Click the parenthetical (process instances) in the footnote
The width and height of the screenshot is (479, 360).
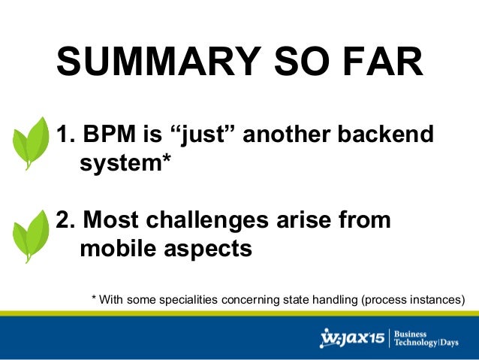click(x=413, y=299)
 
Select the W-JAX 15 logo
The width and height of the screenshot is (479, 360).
click(x=352, y=338)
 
